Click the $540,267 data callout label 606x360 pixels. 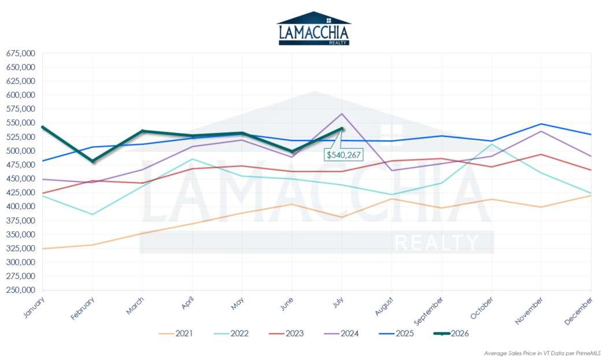coord(343,155)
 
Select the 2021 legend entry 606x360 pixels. coord(176,333)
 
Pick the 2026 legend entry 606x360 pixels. coord(451,333)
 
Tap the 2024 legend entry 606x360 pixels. coord(341,333)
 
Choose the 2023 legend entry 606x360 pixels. coord(286,333)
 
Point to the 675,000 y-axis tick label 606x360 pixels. coord(20,53)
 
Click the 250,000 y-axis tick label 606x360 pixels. coord(20,290)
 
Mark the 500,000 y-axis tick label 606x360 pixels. coord(20,151)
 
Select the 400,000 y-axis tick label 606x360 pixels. coord(20,206)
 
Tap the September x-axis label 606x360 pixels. coord(428,311)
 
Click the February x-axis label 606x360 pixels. coord(82,309)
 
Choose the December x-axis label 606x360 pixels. coord(578,310)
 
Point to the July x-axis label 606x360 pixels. coord(338,302)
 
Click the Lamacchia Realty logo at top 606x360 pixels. coord(314,28)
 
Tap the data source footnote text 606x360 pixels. coord(542,354)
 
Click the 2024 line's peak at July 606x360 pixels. coord(342,114)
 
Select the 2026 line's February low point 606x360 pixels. coord(93,161)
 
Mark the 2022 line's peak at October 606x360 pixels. coord(492,144)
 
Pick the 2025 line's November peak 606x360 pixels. coord(541,124)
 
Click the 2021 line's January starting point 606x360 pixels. coord(43,248)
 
